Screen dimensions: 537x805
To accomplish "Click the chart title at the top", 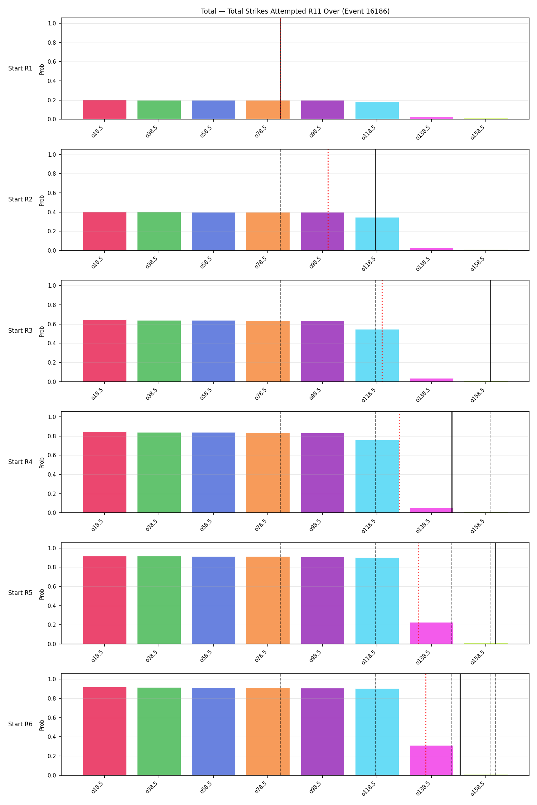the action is point(295,11).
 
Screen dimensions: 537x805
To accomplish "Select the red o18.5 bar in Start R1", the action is point(105,109).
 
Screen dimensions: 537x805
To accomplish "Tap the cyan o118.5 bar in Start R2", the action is point(377,234).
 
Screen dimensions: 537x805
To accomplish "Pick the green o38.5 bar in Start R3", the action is point(159,351).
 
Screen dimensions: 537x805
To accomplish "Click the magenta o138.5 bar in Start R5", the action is point(431,633).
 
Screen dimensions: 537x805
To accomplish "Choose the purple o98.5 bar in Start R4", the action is point(323,473).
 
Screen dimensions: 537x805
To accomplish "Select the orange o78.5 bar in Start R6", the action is point(268,732).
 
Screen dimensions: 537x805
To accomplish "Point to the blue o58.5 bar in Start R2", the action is point(213,231).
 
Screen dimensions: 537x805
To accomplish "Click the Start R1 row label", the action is point(20,68).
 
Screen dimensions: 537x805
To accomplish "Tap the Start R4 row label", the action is point(20,462).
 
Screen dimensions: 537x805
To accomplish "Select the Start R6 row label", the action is point(20,724).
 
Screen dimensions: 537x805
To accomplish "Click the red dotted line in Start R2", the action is point(328,200).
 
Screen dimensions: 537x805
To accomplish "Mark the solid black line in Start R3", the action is point(490,331).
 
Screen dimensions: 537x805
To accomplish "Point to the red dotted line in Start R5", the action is point(419,593).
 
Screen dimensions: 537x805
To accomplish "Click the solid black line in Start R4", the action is point(452,462).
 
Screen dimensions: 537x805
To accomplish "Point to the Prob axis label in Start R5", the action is point(42,594).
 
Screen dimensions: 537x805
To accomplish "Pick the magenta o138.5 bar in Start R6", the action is point(431,760).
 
